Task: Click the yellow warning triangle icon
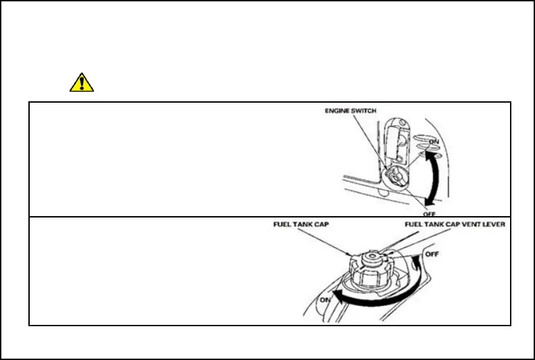click(x=82, y=82)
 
